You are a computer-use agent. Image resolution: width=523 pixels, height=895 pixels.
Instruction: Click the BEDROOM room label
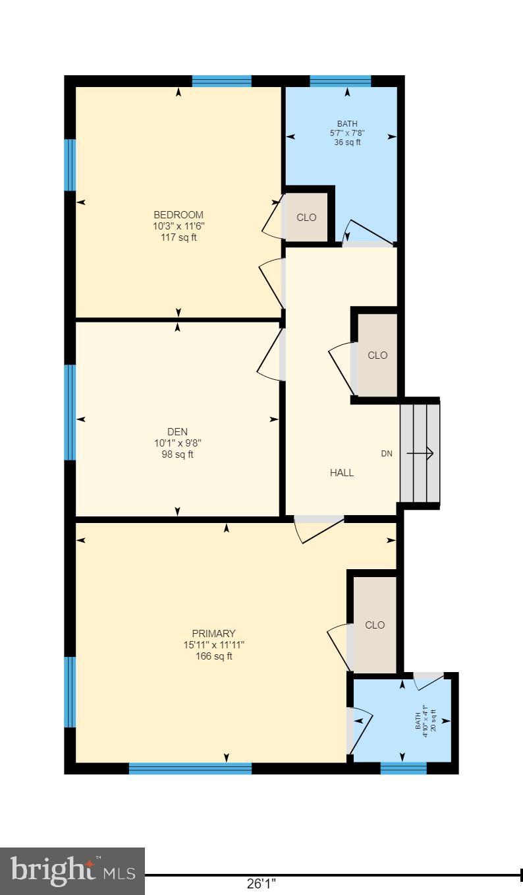coord(179,215)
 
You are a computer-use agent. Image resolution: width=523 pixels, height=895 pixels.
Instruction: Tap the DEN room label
coord(178,432)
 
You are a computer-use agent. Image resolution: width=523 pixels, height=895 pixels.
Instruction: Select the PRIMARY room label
coord(213,634)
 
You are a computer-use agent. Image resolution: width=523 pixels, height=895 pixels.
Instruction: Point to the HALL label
coord(342,473)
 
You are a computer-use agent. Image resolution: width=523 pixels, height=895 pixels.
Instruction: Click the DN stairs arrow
coord(420,453)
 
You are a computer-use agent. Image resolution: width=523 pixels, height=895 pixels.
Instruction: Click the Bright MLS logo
coord(72,871)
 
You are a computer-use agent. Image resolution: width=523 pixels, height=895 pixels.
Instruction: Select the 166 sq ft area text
coord(213,656)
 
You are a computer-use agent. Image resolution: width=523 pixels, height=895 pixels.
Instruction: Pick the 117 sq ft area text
coord(179,237)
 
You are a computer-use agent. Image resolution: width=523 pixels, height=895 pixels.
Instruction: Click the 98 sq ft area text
coord(178,454)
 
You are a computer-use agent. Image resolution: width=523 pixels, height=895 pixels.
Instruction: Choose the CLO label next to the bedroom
coord(306,218)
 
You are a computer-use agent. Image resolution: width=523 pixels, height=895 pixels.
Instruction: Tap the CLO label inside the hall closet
coord(377,355)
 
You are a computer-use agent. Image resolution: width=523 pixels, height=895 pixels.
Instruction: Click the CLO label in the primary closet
coord(375,625)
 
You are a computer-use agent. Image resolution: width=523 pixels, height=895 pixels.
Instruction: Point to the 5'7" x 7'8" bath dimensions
coord(347,133)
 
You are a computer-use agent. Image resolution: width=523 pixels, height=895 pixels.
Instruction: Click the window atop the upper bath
coord(341,82)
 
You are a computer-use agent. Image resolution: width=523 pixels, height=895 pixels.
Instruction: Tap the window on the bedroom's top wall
coord(222,82)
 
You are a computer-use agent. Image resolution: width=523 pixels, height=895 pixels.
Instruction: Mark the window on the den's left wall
coord(70,412)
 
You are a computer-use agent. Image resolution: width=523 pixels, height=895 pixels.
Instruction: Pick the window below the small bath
coord(404,768)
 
